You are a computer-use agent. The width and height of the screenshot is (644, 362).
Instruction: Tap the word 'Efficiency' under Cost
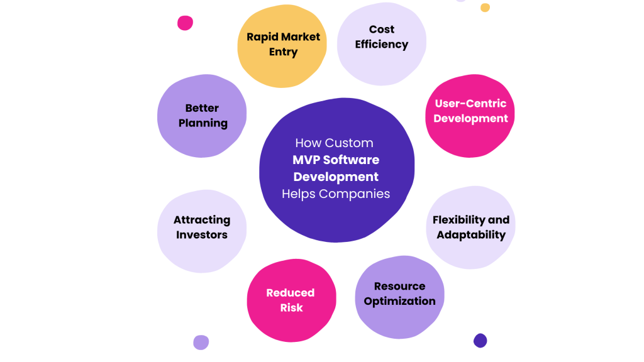pos(381,45)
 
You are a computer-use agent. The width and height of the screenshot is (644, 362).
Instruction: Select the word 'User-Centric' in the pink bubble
pos(470,104)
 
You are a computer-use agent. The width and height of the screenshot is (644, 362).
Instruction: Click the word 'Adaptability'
pos(471,235)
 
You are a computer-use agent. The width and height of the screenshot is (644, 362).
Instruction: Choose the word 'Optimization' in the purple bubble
pos(399,301)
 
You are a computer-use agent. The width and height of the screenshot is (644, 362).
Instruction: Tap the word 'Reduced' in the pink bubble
pos(290,293)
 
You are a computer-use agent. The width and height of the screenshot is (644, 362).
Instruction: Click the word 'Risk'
pos(291,308)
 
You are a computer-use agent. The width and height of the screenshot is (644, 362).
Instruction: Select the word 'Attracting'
pos(202,220)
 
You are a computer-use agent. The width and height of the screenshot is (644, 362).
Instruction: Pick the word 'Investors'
pos(202,235)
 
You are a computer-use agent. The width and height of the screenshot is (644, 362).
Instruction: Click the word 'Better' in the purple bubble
pos(202,108)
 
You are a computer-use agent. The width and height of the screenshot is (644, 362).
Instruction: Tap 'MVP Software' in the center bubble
pos(336,160)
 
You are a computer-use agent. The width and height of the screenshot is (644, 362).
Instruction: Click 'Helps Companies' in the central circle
pos(336,194)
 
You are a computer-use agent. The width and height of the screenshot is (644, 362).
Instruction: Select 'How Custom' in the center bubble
pos(334,143)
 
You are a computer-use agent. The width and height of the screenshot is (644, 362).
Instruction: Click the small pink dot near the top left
pos(185,23)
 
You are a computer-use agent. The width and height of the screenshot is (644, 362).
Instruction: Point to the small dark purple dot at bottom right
pos(480,341)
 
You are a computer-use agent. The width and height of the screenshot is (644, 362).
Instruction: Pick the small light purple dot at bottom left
pos(201,343)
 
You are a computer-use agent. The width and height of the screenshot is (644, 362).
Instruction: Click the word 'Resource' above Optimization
pos(399,286)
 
